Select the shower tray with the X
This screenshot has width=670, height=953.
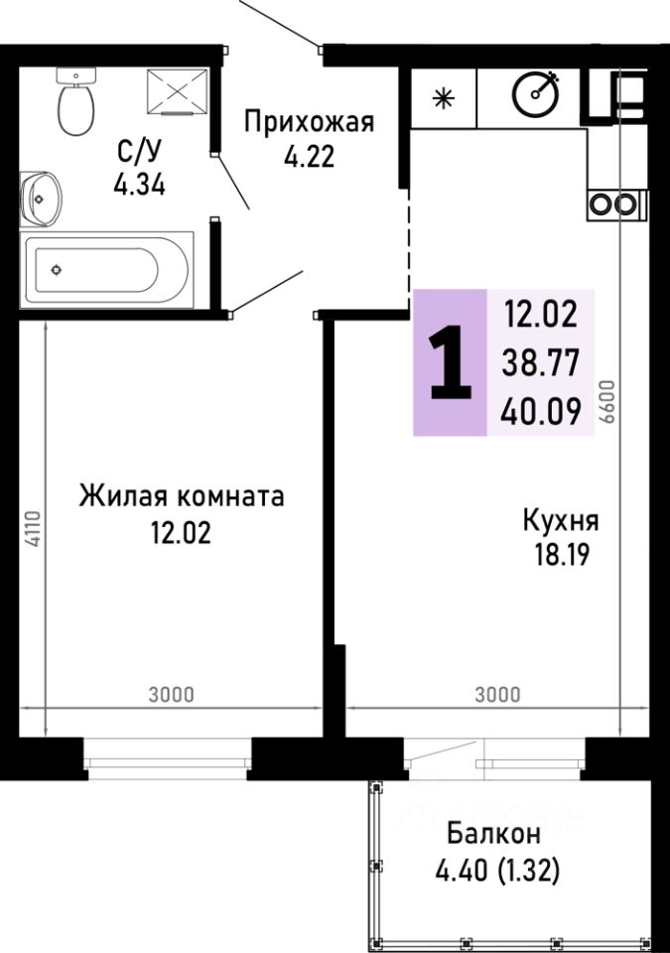(178, 92)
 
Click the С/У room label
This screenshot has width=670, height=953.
(140, 153)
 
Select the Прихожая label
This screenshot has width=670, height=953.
(309, 122)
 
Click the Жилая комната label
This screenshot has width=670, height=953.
(182, 495)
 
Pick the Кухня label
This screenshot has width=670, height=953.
(560, 521)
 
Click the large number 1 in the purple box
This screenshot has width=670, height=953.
(451, 363)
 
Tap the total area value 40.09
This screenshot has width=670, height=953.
(541, 410)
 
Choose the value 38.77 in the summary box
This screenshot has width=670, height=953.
(541, 362)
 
